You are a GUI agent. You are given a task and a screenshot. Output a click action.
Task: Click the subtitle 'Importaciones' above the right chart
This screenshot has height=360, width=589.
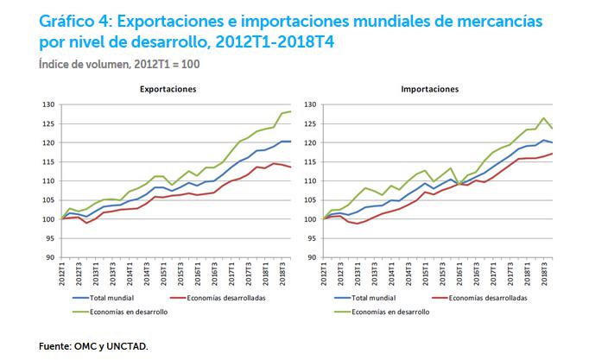pyautogui.click(x=429, y=89)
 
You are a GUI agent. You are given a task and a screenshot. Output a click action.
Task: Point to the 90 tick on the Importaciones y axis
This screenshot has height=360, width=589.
pyautogui.click(x=310, y=257)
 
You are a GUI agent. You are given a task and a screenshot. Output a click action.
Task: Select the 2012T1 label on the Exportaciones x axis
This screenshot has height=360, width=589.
pyautogui.click(x=62, y=277)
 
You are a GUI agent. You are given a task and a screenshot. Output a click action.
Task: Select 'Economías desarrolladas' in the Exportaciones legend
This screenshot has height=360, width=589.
pyautogui.click(x=225, y=296)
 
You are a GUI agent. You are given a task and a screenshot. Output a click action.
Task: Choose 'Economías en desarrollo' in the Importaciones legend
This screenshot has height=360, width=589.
pyautogui.click(x=385, y=312)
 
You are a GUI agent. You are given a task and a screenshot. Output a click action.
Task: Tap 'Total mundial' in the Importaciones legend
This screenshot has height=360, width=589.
pyautogui.click(x=371, y=296)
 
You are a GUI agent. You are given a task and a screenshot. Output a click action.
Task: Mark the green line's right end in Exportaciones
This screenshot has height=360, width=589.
pyautogui.click(x=290, y=111)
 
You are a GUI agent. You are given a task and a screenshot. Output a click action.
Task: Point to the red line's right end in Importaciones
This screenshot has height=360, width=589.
pyautogui.click(x=553, y=154)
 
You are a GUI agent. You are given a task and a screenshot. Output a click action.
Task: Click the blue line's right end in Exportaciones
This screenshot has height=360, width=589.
pyautogui.click(x=290, y=141)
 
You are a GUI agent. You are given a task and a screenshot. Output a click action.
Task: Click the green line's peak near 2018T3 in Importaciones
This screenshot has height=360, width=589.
pyautogui.click(x=543, y=118)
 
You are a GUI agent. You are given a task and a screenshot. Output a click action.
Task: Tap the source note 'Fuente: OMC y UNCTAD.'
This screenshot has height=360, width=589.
pyautogui.click(x=94, y=346)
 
